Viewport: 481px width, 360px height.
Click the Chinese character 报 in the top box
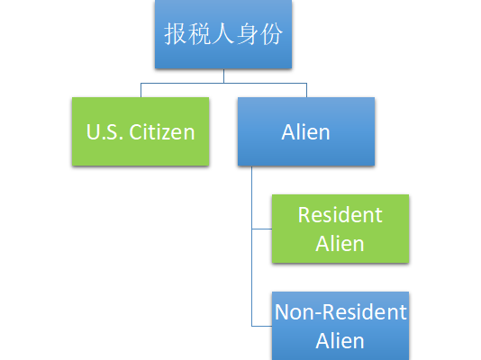click(x=175, y=33)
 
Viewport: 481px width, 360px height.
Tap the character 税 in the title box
click(x=199, y=33)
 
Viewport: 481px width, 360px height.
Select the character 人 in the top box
click(x=223, y=33)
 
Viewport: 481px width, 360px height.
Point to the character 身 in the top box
click(x=247, y=33)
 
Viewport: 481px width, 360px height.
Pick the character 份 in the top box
click(x=271, y=33)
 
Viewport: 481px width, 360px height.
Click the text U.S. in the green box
click(x=104, y=132)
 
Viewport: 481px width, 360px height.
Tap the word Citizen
click(x=162, y=132)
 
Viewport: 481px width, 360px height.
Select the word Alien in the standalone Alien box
click(x=306, y=132)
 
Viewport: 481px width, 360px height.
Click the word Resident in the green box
click(x=340, y=215)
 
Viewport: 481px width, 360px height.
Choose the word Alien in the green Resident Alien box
click(x=340, y=244)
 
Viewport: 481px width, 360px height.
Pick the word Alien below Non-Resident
click(x=340, y=341)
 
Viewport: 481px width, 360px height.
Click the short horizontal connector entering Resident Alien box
click(x=262, y=229)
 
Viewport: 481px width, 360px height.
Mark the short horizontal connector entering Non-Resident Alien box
click(x=262, y=327)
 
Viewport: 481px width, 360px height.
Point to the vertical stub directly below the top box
click(x=223, y=76)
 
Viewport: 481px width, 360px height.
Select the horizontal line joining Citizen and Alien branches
click(x=223, y=83)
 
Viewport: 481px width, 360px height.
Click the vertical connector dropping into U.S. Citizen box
click(x=141, y=90)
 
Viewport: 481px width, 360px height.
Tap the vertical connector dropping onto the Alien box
click(x=307, y=90)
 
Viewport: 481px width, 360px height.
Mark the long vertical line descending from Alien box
click(x=252, y=246)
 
